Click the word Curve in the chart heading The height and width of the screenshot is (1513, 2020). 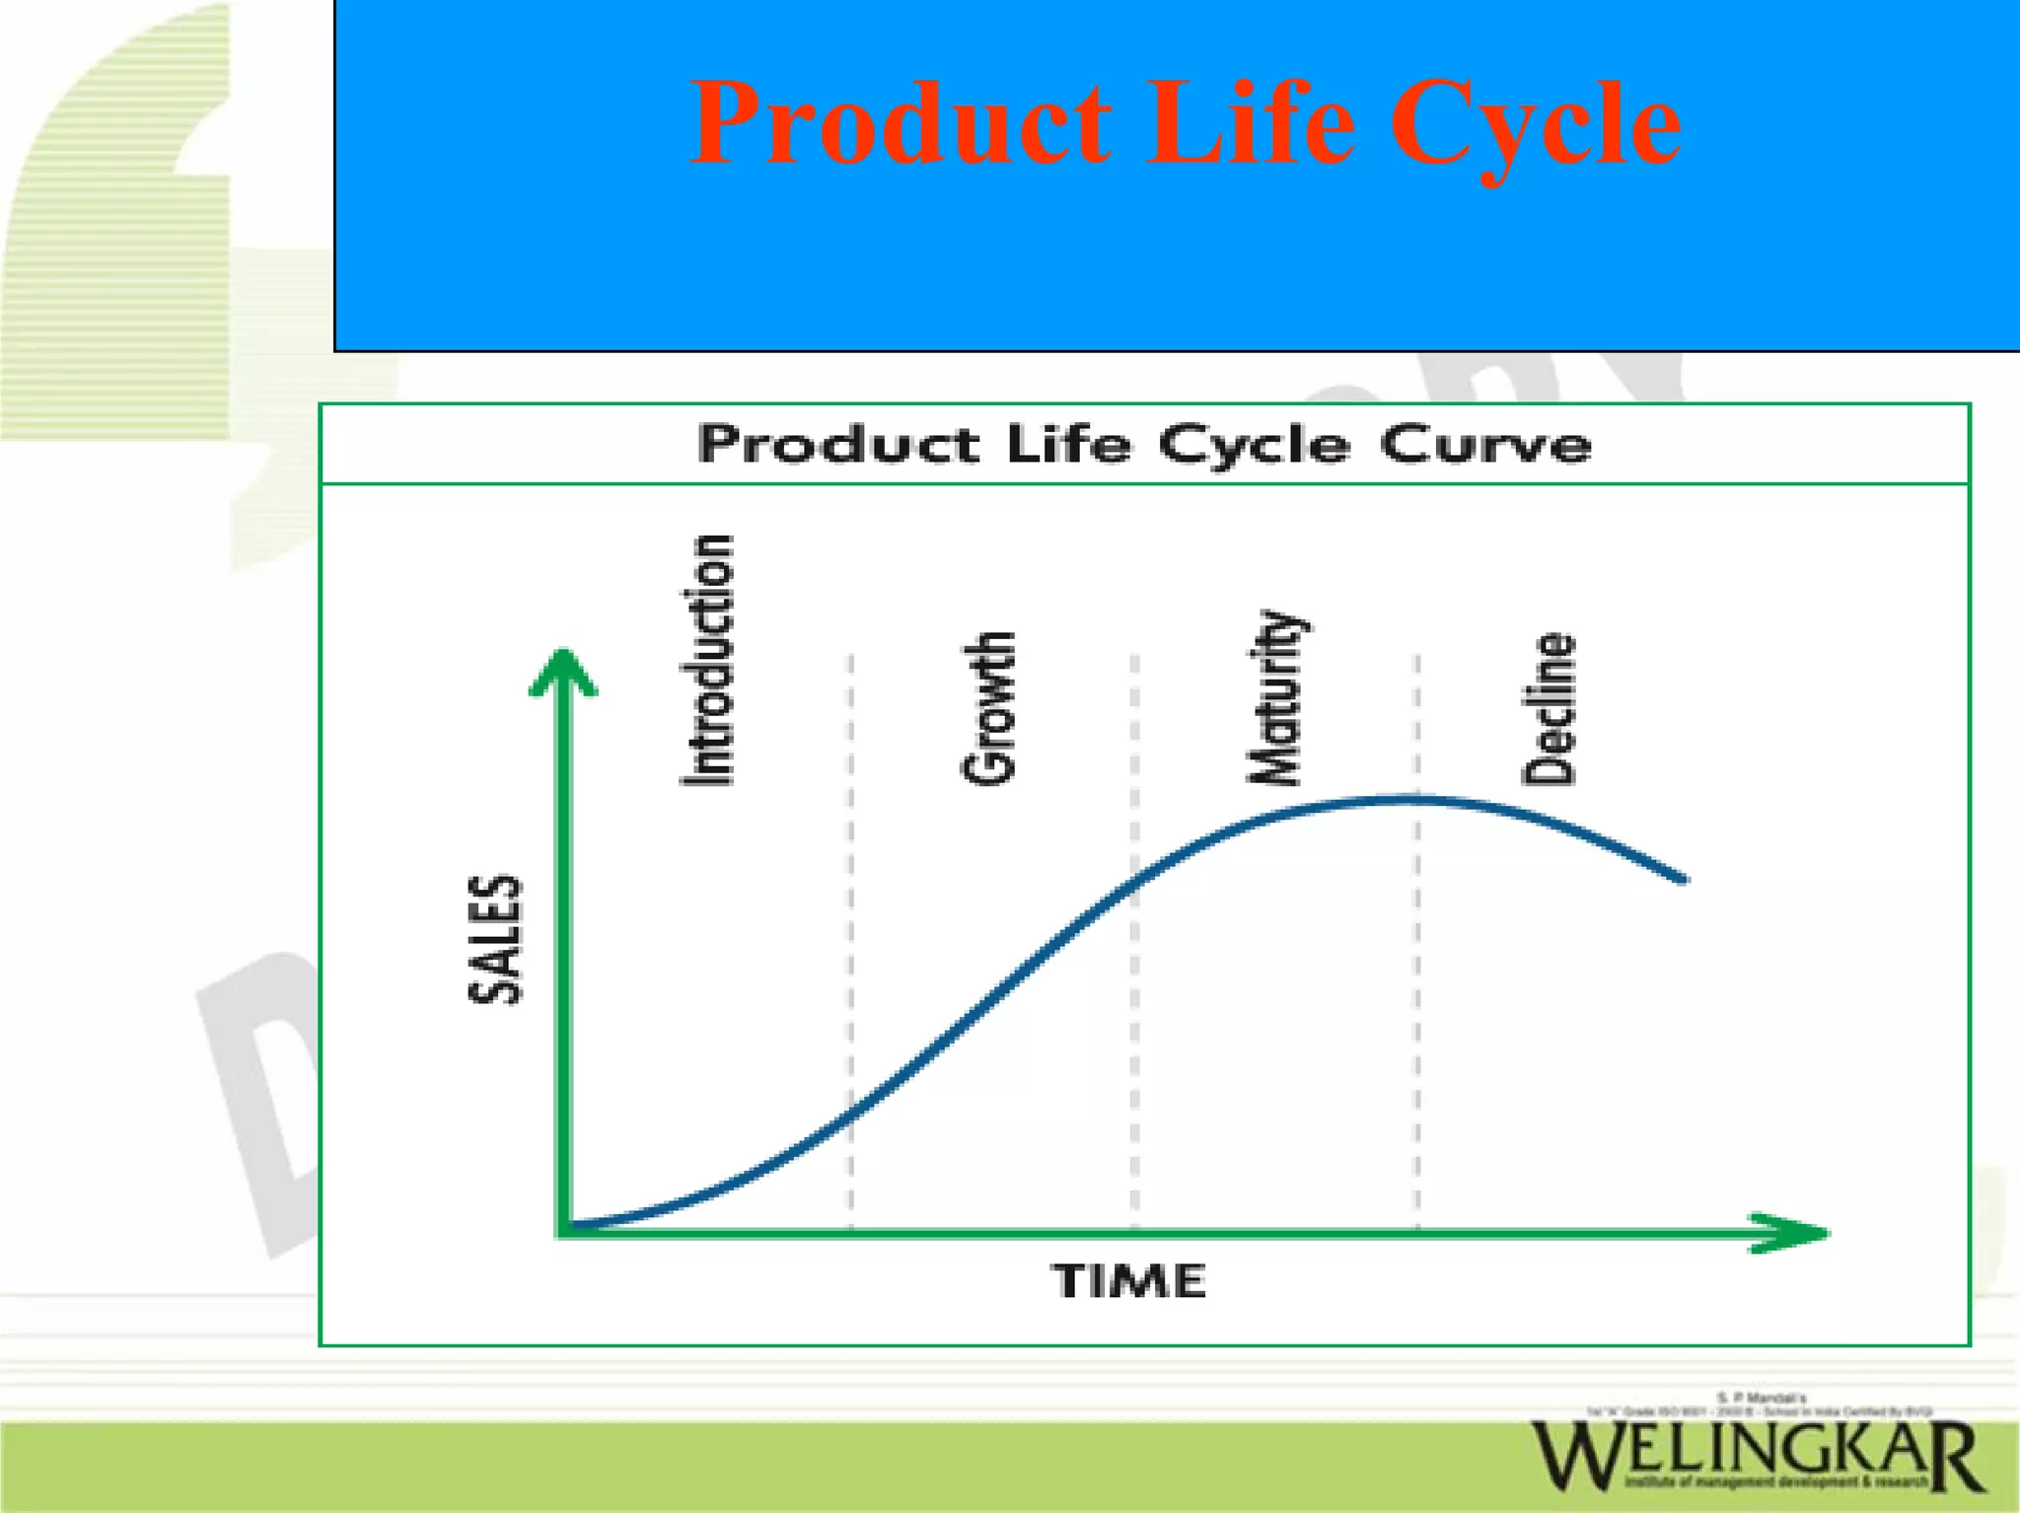pos(1484,445)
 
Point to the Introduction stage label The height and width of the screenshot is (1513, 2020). pos(709,660)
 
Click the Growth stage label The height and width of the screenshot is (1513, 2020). pos(988,708)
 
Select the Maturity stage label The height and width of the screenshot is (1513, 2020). pos(1274,697)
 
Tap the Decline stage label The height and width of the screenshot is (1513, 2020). pos(1549,708)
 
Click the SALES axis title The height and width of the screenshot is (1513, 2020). pos(494,939)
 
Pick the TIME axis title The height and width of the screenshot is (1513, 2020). pos(1129,1281)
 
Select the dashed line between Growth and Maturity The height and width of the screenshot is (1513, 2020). pos(1134,1036)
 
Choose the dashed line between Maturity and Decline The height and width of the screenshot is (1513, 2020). pos(1417,1016)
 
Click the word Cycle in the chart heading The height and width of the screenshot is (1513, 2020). pos(1253,445)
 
